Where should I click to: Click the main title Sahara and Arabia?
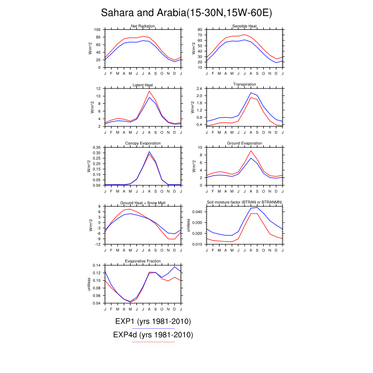186,12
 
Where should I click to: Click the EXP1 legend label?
153,321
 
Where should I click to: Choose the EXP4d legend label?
153,335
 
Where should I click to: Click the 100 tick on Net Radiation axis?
97,30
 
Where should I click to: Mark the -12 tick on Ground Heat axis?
97,244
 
